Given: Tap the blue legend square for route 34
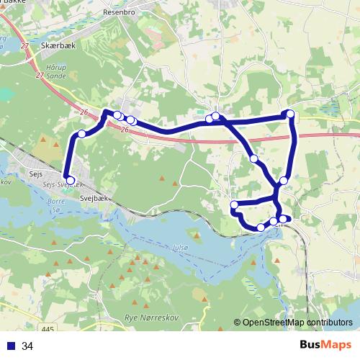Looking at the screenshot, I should [x=11, y=346].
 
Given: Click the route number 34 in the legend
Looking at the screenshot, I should [x=27, y=346].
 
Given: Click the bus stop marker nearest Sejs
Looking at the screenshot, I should [x=70, y=180].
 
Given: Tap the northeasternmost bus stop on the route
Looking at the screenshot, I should [x=290, y=114].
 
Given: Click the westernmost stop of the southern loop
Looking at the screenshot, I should [x=234, y=207].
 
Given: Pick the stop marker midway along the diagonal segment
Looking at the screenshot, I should [x=253, y=158].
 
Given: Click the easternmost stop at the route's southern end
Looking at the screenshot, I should [x=285, y=218].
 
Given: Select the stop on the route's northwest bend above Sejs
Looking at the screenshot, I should [x=82, y=134].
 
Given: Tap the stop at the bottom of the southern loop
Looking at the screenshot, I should [x=261, y=228].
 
